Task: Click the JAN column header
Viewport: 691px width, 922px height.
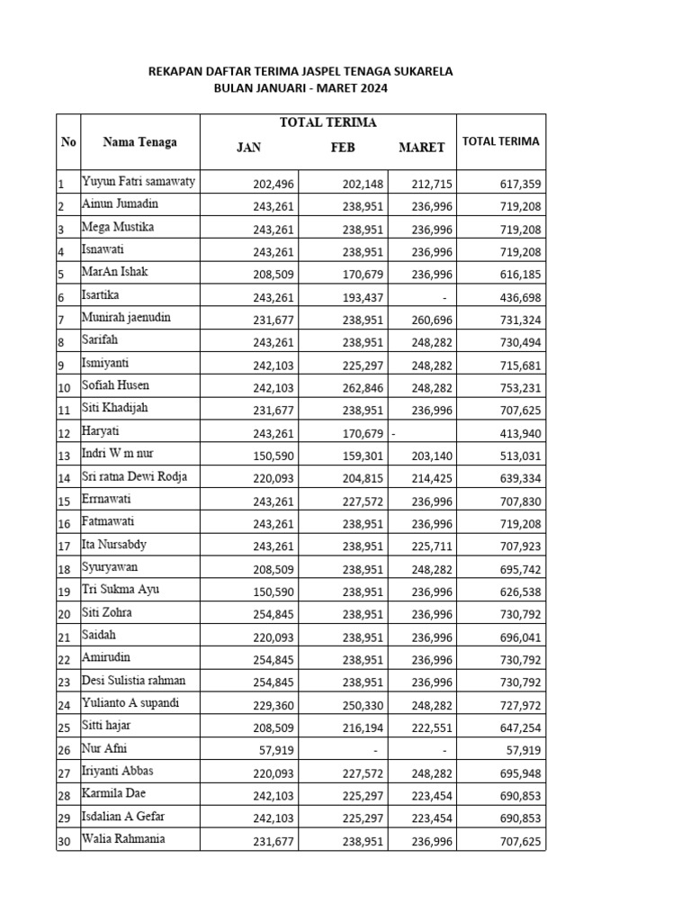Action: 248,148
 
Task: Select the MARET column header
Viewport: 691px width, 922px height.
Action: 421,148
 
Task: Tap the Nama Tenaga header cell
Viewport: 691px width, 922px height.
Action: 139,141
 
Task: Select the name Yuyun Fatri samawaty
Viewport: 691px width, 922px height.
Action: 139,182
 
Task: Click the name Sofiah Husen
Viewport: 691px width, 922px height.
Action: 116,385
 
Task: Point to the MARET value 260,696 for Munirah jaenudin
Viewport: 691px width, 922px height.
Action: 432,320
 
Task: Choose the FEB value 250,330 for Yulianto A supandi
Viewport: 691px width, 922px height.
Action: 363,705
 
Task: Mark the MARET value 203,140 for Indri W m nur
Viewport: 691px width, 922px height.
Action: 432,456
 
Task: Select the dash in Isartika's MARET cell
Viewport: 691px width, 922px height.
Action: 444,297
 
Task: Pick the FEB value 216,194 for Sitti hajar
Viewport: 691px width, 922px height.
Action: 363,728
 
